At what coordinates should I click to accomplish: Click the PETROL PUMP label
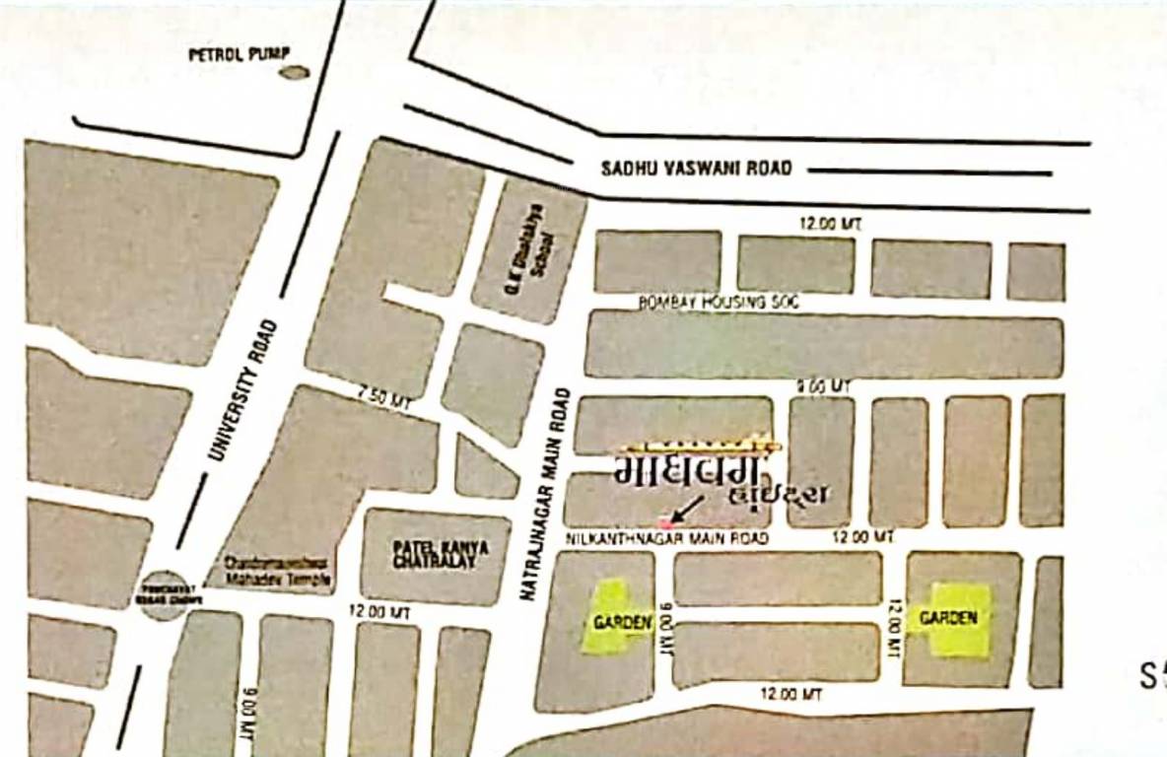[234, 54]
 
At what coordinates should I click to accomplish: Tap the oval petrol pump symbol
[294, 72]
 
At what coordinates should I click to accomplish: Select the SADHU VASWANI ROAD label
[696, 169]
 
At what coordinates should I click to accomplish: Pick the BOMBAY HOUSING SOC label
[719, 304]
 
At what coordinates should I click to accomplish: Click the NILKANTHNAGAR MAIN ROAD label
[666, 538]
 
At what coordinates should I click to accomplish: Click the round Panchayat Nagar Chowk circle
[165, 595]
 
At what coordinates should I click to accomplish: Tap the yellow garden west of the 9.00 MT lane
[615, 618]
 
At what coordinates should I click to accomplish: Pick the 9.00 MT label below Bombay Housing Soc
[823, 387]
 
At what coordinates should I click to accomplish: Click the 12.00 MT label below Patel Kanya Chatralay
[379, 611]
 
